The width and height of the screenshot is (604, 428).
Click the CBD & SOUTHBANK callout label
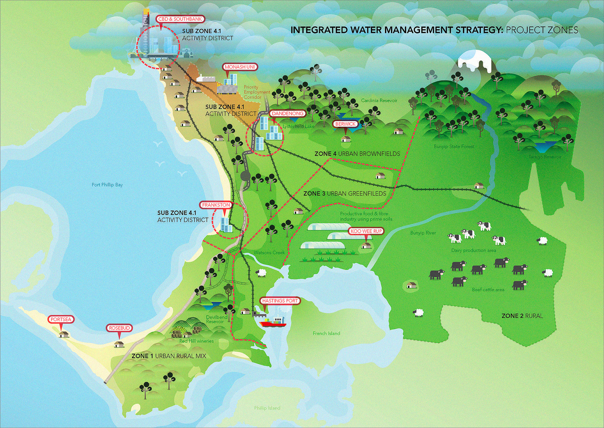180,19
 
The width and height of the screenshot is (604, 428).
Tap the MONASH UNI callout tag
240,67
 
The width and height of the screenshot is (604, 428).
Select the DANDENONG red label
288,113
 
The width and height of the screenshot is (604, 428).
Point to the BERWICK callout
345,124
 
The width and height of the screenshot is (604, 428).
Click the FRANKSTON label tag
216,205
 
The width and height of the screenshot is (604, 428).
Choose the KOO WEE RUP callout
366,231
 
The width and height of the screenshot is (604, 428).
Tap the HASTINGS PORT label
280,301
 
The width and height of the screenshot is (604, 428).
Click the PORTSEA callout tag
61,319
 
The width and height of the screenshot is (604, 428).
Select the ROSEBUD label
119,328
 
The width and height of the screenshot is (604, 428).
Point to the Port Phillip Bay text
107,185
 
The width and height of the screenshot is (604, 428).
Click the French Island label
326,334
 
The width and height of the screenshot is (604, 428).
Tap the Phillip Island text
267,408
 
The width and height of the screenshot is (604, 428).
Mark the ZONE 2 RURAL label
522,316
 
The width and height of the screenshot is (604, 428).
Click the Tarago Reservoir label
545,157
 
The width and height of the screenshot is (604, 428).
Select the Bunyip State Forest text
454,146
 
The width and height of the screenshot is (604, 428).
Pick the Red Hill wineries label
196,341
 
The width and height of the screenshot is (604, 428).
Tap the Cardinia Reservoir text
379,100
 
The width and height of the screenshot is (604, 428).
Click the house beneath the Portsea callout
64,334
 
